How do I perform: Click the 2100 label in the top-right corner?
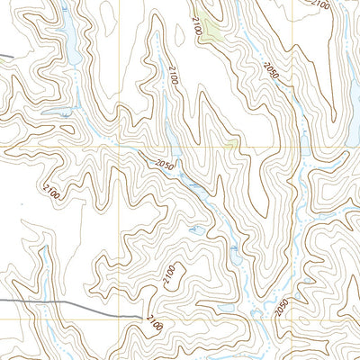coord(320,4)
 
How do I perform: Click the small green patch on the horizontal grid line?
coord(232,145)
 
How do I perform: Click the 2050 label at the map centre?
coord(163,164)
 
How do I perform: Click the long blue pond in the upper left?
coord(66,36)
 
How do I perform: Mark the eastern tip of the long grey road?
coord(141,316)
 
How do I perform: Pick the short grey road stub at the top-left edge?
coord(5,58)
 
